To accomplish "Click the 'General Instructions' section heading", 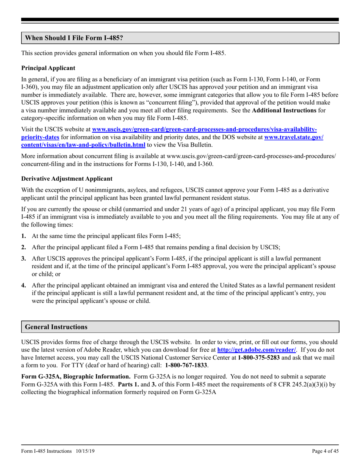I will (56, 327).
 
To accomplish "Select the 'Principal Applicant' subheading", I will (48, 68).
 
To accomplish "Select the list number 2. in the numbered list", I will (23, 247).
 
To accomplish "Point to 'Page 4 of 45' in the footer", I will (325, 451).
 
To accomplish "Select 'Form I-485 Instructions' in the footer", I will (47, 451).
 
